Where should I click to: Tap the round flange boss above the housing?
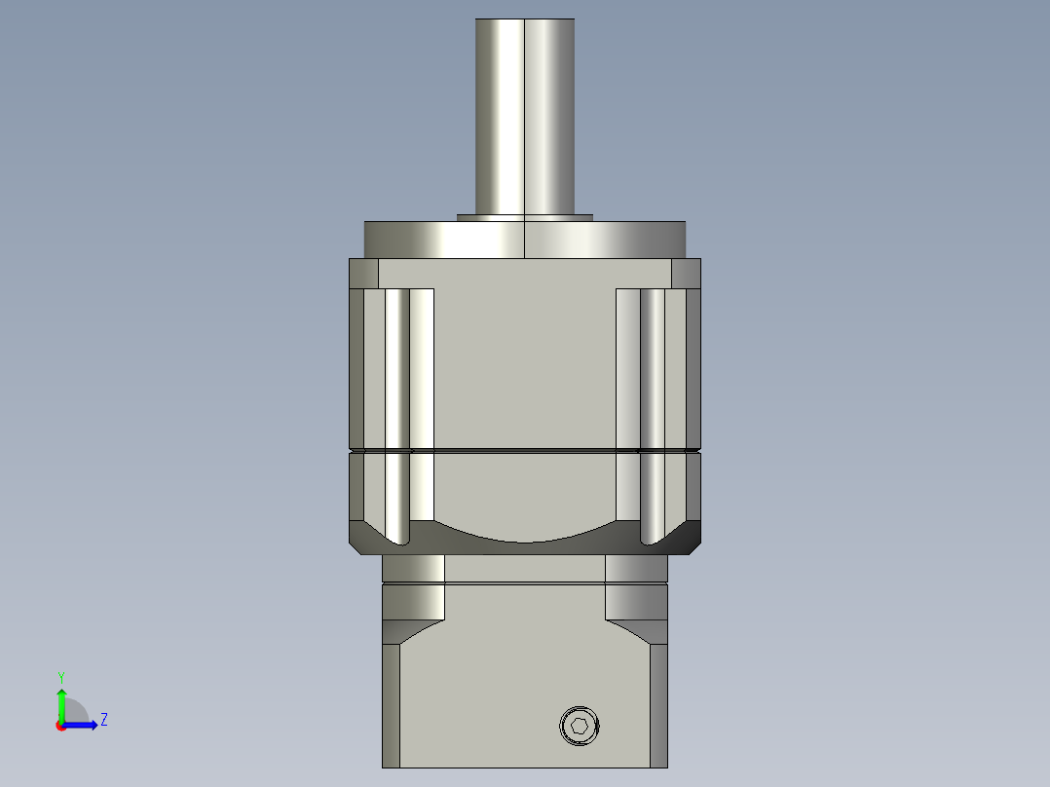[525, 240]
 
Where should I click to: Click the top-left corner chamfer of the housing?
[363, 274]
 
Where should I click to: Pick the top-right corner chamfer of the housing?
[686, 274]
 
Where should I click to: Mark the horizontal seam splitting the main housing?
[525, 451]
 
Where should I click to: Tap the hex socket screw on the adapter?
[580, 726]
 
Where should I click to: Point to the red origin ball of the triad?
[61, 726]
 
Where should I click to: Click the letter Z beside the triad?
[103, 721]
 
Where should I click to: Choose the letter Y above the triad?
[61, 676]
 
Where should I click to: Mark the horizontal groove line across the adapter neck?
[525, 583]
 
